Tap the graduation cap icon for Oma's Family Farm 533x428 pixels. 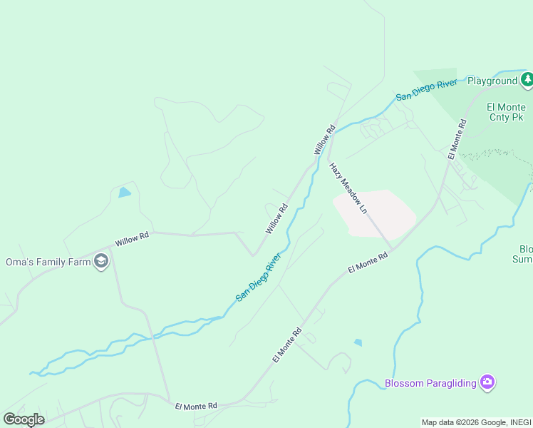click(x=101, y=262)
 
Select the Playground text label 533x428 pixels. click(x=492, y=81)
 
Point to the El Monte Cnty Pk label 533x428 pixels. click(x=506, y=112)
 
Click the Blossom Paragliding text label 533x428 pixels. click(x=430, y=383)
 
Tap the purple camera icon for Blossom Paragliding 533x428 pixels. click(x=487, y=383)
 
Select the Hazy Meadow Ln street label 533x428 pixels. click(x=348, y=188)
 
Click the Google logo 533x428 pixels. click(x=24, y=419)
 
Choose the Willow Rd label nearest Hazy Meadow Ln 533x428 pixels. click(x=324, y=141)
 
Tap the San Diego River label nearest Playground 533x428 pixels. click(x=426, y=91)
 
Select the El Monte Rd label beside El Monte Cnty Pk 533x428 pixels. click(x=457, y=139)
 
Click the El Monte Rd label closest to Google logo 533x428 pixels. click(x=196, y=406)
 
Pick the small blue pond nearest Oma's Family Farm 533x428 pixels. click(x=125, y=192)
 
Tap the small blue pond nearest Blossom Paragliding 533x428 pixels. click(x=358, y=342)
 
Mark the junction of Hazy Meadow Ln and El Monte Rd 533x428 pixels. click(x=391, y=250)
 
